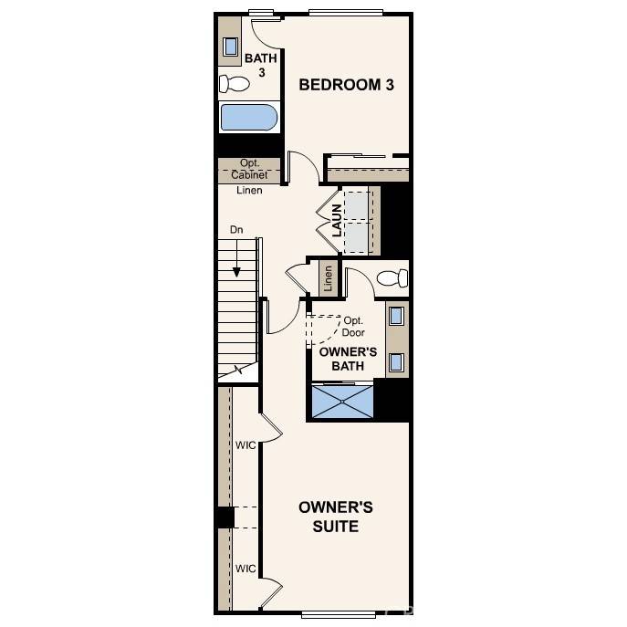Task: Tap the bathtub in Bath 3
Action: click(247, 119)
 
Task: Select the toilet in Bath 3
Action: click(235, 85)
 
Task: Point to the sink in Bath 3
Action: click(231, 47)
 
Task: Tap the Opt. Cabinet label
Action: click(248, 169)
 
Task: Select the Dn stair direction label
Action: click(236, 231)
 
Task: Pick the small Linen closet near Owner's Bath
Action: click(328, 277)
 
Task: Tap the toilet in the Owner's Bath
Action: click(392, 277)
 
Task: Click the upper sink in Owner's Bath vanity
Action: click(397, 317)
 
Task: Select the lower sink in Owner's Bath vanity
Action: click(397, 361)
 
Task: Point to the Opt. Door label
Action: click(353, 327)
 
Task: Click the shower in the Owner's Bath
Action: click(343, 401)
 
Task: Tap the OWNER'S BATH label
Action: click(348, 359)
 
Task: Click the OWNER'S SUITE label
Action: click(335, 517)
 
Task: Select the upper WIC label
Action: click(246, 445)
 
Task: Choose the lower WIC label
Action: click(246, 569)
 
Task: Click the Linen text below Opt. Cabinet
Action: click(249, 191)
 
